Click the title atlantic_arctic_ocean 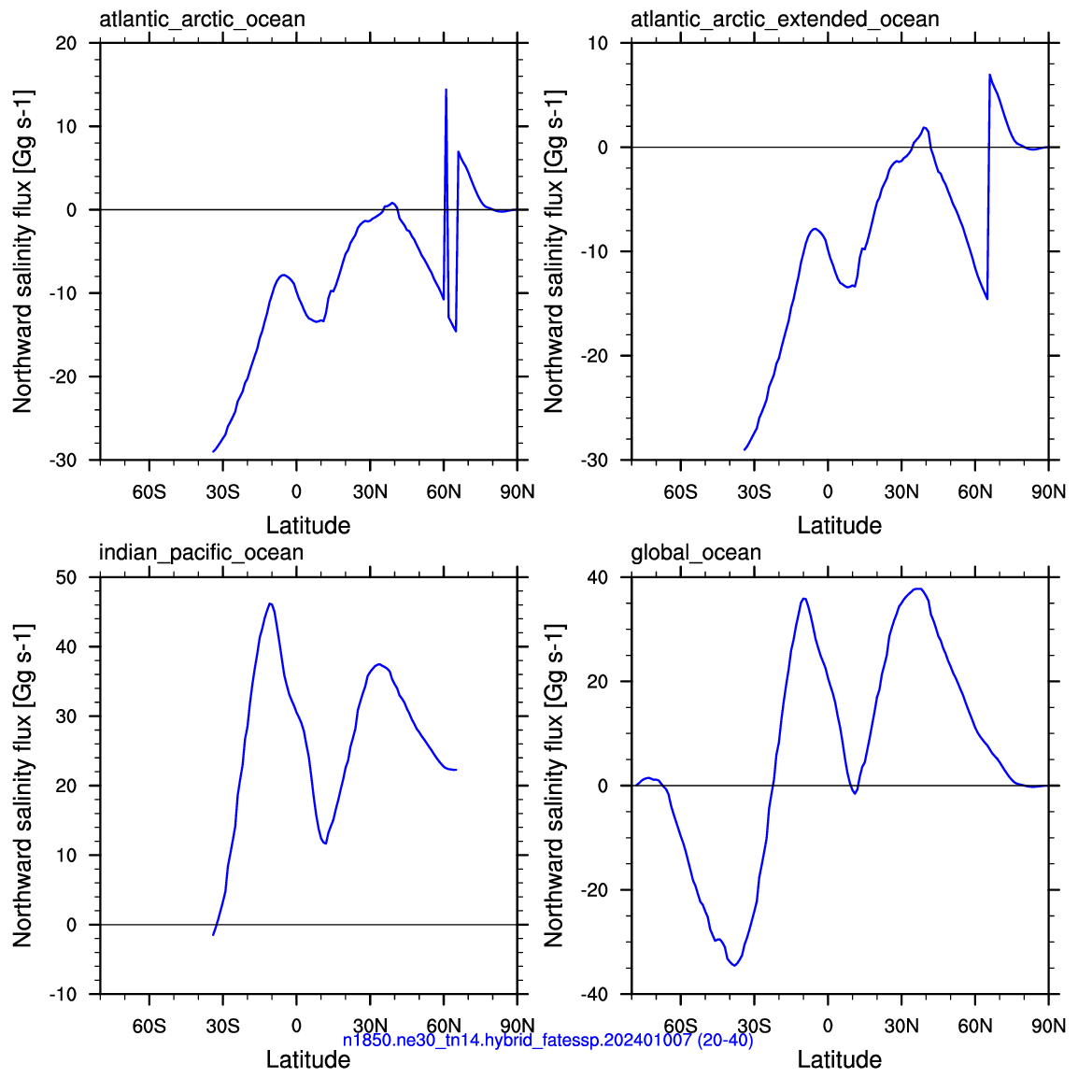(x=202, y=20)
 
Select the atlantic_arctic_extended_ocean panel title (x=785, y=20)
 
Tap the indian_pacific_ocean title (x=202, y=553)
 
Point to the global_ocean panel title (x=696, y=553)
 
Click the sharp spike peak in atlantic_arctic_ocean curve (x=447, y=90)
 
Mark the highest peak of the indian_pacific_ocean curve (x=270, y=603)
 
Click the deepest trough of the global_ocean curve (x=735, y=965)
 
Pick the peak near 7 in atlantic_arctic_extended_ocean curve (x=990, y=74)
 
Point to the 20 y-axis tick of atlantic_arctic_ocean (x=66, y=43)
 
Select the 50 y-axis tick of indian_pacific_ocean (x=66, y=576)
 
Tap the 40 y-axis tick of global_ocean (x=598, y=576)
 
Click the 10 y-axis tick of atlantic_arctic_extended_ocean (x=598, y=43)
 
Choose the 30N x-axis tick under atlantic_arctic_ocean (x=370, y=492)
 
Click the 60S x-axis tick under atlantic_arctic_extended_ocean (x=681, y=492)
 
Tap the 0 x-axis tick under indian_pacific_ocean (x=296, y=1026)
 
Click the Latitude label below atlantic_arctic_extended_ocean (x=840, y=525)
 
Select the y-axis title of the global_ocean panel (x=553, y=786)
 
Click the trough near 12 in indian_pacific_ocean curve (x=325, y=844)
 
